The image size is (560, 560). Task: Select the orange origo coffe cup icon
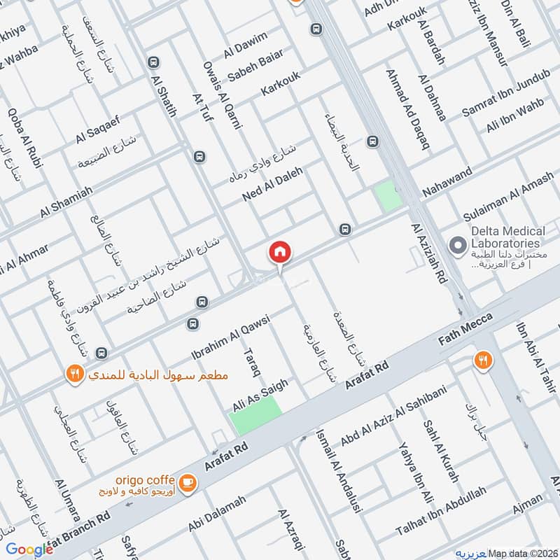[x=188, y=482]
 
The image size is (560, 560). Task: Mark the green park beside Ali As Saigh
[x=255, y=417]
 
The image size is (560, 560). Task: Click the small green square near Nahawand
[x=388, y=195]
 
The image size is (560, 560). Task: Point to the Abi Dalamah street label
[x=217, y=515]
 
